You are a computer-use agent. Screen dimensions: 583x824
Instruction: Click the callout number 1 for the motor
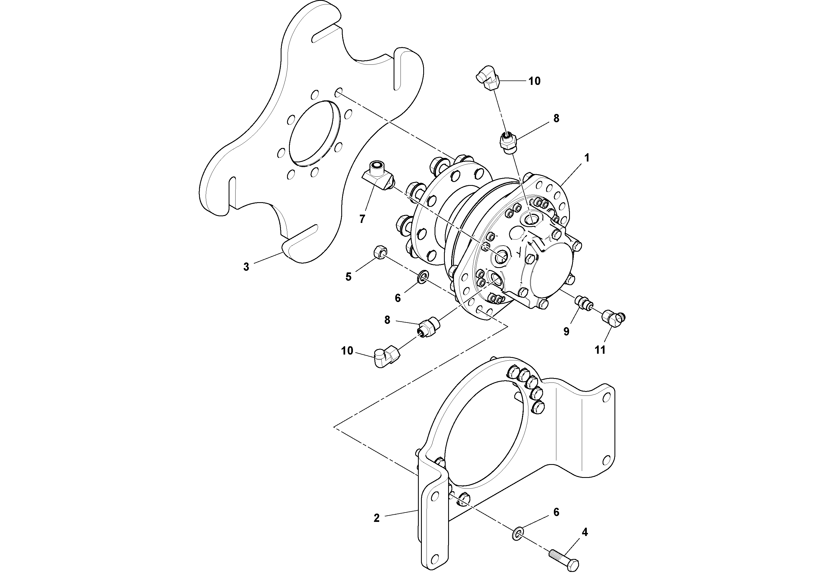[587, 158]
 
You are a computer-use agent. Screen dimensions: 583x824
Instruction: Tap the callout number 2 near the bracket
[376, 518]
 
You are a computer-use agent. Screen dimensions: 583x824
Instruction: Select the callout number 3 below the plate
[246, 267]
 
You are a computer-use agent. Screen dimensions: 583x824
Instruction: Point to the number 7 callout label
[362, 218]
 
